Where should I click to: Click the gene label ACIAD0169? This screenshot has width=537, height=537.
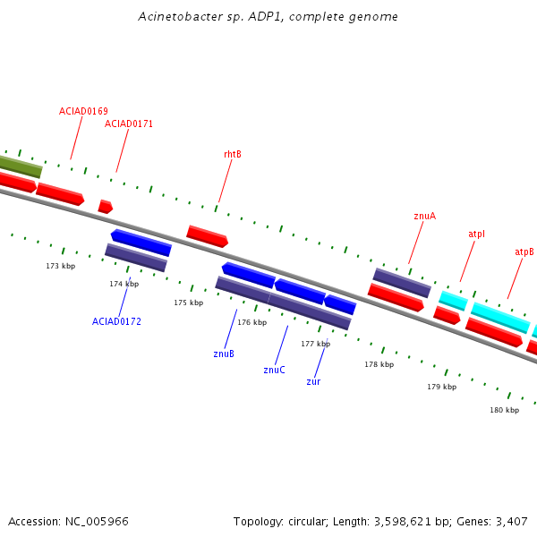point(83,111)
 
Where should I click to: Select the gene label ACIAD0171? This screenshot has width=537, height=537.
point(128,124)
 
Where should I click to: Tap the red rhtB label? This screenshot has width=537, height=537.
point(233,155)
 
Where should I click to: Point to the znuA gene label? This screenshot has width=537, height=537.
point(424,216)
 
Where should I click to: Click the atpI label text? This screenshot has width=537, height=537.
point(476,234)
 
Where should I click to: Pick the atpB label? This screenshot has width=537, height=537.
point(524,252)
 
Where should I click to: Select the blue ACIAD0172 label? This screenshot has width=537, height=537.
point(116,321)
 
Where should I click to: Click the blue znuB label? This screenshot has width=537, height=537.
point(224,354)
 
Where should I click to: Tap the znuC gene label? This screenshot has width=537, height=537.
point(274,370)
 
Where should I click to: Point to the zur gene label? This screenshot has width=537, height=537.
point(313,381)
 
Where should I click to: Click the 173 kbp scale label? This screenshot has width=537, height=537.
point(61,266)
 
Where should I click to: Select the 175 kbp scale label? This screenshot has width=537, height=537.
point(188,303)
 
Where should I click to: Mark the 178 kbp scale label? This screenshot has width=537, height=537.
point(379,364)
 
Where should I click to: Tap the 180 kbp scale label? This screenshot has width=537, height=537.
point(505,410)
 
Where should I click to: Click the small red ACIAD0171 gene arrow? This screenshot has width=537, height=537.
point(106,207)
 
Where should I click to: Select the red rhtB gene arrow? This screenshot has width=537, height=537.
point(208,236)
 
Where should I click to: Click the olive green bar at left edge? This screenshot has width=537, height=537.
point(20,166)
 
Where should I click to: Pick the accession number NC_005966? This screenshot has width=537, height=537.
point(97,522)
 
